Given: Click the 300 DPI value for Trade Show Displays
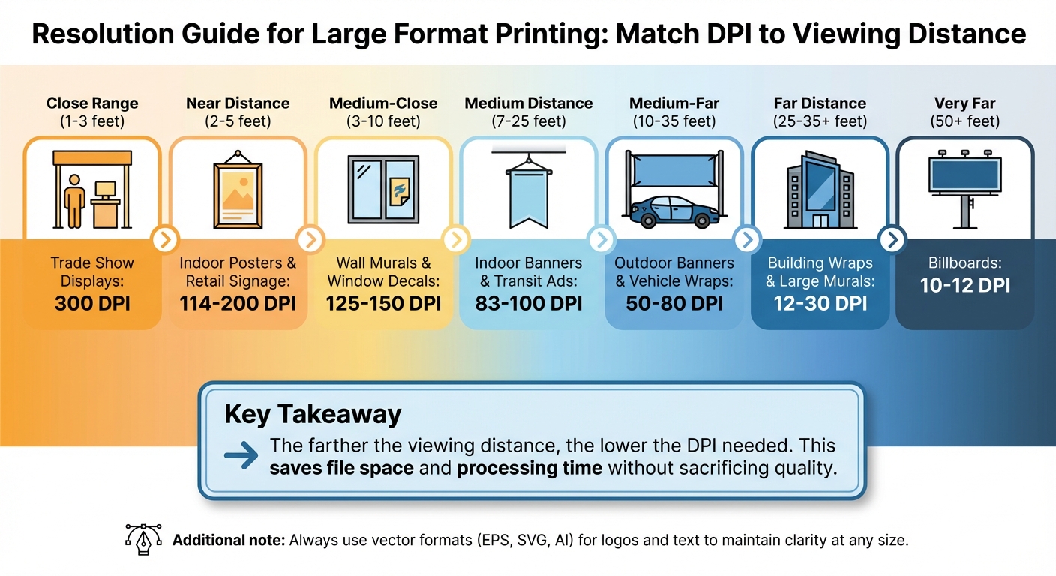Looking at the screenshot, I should click(92, 304).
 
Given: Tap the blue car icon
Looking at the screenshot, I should click(670, 211).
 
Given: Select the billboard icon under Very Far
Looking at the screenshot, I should click(966, 187).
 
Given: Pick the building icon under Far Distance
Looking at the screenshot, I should click(820, 189).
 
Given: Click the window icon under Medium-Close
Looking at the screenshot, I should click(383, 190).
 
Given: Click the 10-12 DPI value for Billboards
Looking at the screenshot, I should click(965, 286).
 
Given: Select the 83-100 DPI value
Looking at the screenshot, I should click(529, 304).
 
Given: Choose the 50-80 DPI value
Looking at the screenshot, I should click(674, 304).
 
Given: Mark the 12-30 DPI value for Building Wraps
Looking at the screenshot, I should click(820, 304).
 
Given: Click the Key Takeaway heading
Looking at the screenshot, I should click(313, 414).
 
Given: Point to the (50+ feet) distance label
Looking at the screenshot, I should click(966, 121).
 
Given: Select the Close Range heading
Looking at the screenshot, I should click(92, 103).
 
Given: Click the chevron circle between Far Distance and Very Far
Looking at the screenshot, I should click(892, 240).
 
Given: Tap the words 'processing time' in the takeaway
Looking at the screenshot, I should click(529, 469).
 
